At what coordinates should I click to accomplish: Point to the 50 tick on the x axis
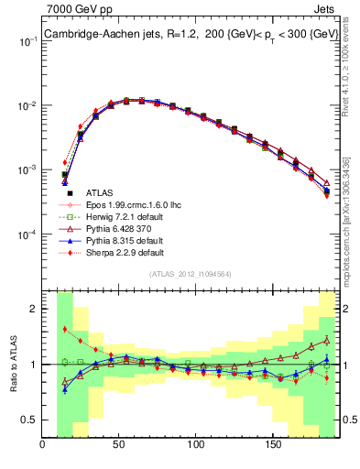[119, 445]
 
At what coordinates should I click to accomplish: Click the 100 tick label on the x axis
[195, 445]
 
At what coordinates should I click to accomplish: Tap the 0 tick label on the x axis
[43, 445]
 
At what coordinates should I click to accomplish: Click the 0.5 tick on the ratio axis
[31, 420]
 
